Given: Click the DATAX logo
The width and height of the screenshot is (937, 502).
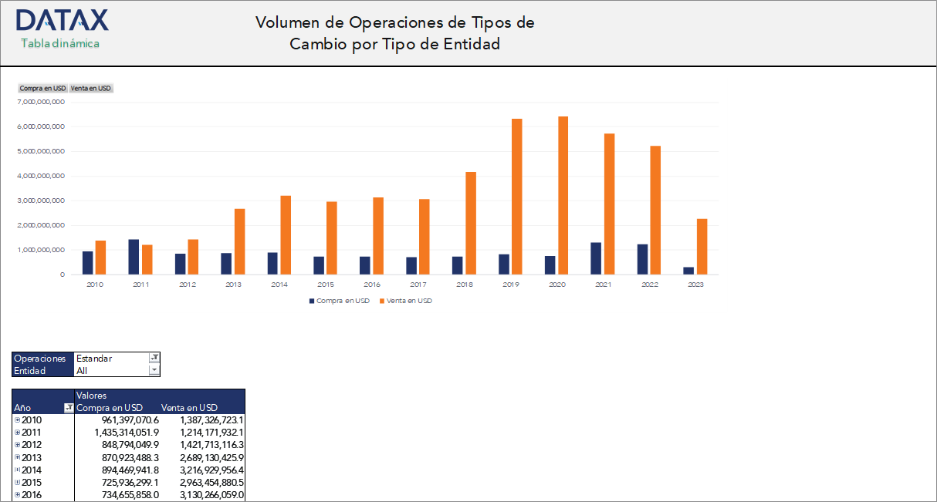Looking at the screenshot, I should (x=62, y=20).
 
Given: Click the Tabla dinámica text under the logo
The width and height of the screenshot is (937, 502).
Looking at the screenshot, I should (x=60, y=43).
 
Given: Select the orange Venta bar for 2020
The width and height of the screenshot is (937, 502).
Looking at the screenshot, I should (x=563, y=195).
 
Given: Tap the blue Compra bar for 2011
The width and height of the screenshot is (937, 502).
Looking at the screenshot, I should (x=134, y=257).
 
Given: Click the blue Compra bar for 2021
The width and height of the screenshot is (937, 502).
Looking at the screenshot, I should (x=596, y=258).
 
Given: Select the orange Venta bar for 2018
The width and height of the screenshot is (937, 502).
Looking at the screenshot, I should (x=471, y=223).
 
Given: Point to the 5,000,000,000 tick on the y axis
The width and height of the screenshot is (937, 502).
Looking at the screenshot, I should (x=41, y=151).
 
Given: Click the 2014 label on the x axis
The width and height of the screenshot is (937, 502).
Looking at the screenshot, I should (x=279, y=285).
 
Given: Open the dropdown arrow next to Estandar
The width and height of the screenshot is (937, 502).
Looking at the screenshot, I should (x=154, y=358).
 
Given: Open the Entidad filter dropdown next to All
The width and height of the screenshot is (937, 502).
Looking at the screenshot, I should (x=154, y=370).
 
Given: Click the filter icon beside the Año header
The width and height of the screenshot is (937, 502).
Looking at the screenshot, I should (x=68, y=408).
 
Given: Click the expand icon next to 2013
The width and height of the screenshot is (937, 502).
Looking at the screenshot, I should (x=17, y=457).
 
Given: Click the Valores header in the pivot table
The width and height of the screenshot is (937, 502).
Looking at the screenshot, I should (x=92, y=396).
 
